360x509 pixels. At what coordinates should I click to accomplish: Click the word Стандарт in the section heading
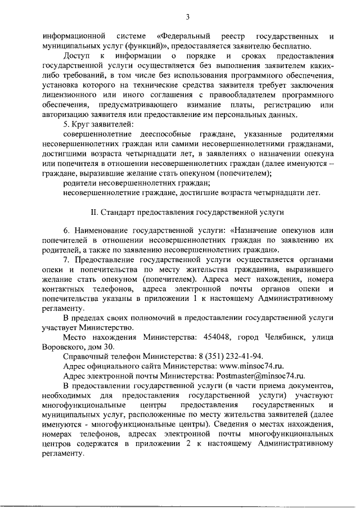pyautogui.click(x=119, y=214)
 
